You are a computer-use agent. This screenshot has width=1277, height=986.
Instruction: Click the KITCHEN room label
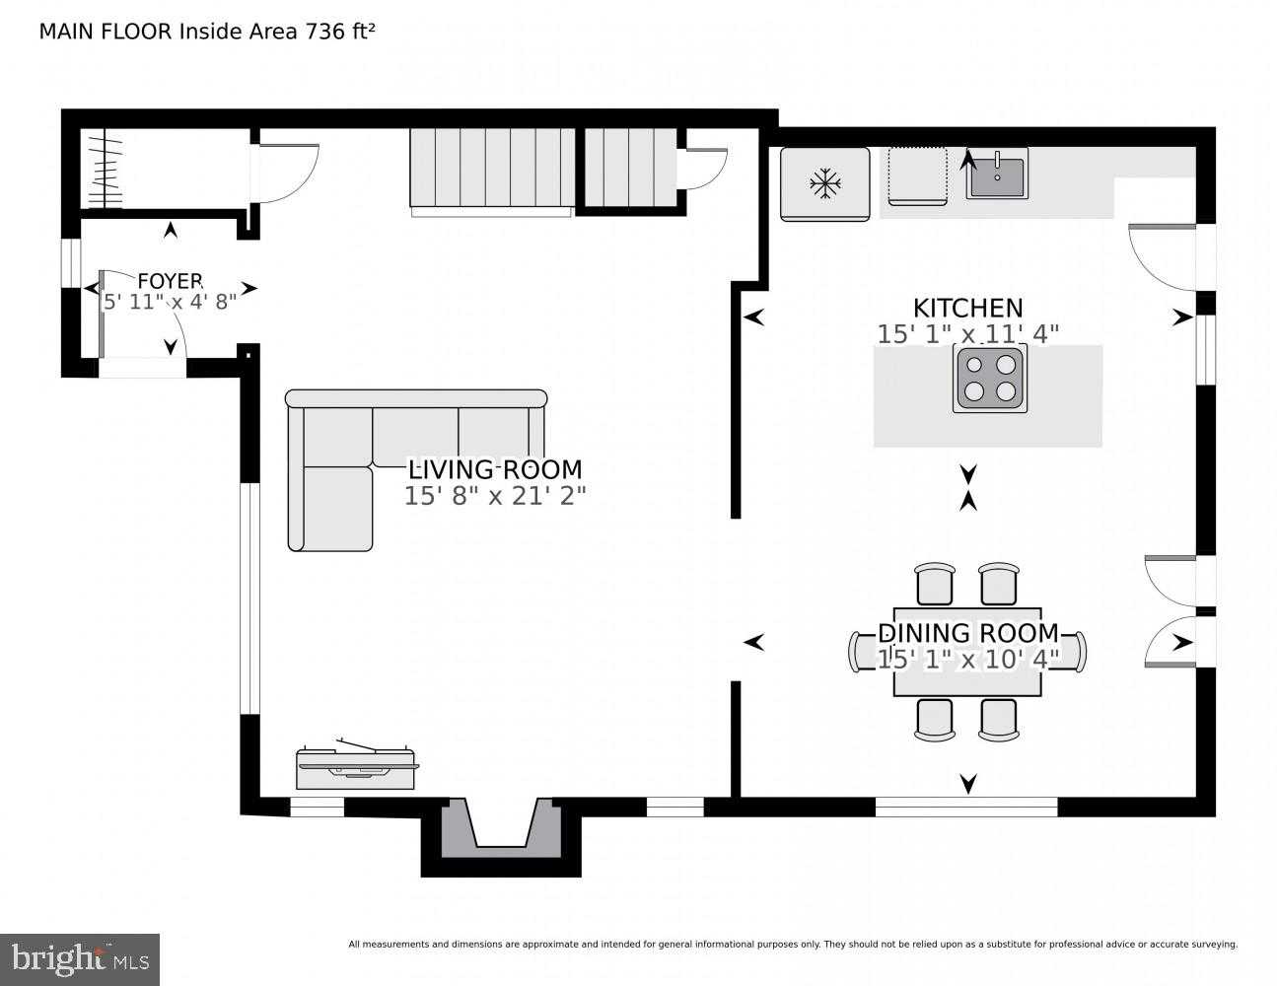(967, 308)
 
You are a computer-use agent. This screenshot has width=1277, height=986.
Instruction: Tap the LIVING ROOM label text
(495, 469)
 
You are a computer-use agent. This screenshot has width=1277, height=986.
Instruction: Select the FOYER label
(170, 281)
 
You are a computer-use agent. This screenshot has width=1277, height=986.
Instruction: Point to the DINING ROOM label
(968, 633)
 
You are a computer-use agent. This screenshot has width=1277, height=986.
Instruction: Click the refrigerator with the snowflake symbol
(824, 183)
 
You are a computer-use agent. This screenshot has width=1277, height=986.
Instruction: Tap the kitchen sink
(996, 175)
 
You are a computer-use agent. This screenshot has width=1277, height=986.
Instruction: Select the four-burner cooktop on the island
(989, 378)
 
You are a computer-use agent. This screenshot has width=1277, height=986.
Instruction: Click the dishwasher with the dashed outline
(917, 176)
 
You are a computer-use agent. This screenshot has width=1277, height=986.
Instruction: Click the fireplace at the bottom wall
(502, 828)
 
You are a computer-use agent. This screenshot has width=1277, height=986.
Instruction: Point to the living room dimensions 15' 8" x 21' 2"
(495, 496)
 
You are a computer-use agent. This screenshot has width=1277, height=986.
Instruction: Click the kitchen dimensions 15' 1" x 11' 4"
(967, 334)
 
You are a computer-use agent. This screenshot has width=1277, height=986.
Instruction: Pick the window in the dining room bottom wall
(966, 807)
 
